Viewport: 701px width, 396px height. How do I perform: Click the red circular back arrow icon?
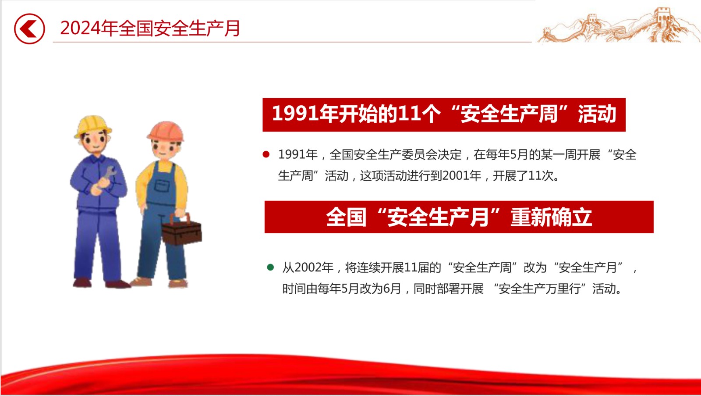(x=29, y=29)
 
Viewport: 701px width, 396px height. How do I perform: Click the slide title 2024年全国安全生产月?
(x=150, y=28)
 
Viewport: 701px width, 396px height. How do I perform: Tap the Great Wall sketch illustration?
(x=618, y=26)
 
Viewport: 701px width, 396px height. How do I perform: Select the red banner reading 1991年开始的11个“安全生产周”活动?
(x=444, y=114)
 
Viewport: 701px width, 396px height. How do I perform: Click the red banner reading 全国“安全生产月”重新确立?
(x=459, y=217)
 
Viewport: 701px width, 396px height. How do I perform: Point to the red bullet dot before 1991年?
(x=266, y=154)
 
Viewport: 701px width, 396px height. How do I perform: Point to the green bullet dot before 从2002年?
(x=270, y=267)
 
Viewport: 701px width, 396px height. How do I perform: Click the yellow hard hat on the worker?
(x=92, y=126)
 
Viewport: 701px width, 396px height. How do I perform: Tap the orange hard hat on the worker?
(x=166, y=131)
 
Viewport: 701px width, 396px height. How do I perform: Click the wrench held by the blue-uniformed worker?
(x=107, y=176)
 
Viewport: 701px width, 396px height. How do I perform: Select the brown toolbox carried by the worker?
(x=182, y=230)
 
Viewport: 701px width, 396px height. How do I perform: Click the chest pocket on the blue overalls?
(x=162, y=186)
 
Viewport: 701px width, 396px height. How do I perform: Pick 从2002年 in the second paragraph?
(x=308, y=268)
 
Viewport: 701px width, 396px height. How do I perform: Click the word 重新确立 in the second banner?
(x=551, y=217)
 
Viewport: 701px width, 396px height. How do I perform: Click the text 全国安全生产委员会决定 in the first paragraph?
(x=396, y=154)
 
